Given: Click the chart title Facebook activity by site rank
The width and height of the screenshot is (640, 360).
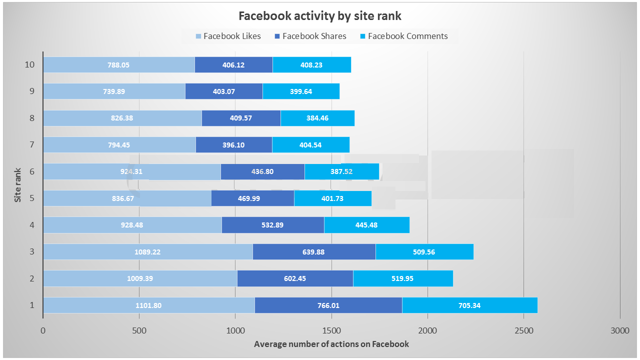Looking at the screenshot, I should (x=320, y=16).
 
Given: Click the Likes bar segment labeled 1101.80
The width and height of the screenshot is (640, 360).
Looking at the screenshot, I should (x=148, y=305).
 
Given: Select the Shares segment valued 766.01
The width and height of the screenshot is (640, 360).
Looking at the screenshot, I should (x=328, y=305).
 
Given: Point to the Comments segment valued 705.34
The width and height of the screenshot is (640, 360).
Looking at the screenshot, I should (x=469, y=305).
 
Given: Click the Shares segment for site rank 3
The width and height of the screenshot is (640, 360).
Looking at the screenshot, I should (x=314, y=252).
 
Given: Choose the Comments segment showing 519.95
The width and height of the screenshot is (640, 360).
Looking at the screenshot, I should (x=403, y=278).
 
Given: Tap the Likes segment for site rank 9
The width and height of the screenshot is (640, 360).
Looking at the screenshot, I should (x=114, y=91).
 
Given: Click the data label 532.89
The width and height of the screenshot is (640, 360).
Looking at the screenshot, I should (x=272, y=225).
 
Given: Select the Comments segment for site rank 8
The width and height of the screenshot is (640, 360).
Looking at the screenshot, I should (x=317, y=118).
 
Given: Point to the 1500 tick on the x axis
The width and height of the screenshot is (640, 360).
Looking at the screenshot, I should (x=331, y=330).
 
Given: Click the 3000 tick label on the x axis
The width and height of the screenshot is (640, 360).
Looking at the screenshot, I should (x=620, y=330).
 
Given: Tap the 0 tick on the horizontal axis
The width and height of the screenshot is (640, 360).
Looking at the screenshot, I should (x=43, y=330).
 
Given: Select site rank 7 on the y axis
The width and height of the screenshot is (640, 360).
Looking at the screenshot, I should (x=32, y=145).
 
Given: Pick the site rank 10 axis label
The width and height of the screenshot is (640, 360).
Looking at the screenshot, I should (x=30, y=65).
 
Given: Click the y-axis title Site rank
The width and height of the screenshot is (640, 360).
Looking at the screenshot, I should (x=18, y=185).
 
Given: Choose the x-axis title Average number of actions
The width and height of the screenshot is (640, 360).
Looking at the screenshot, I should (x=331, y=344).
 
